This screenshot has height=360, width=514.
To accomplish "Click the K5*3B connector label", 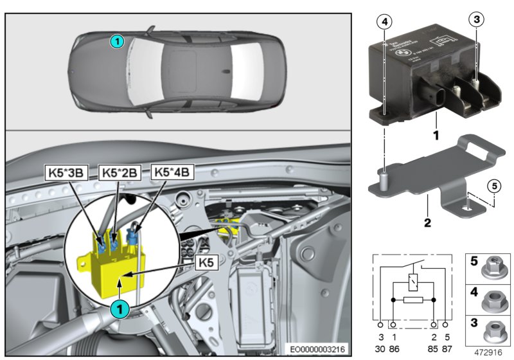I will coord(64,172).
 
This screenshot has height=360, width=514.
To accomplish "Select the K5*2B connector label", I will coord(119,172).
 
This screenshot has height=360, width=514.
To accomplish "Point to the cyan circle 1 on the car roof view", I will coord(116,41).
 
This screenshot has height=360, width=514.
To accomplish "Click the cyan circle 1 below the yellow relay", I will coord(120,309).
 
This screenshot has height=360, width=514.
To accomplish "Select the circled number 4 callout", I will coord(384,21).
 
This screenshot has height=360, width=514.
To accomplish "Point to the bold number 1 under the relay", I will coord(436,136).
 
